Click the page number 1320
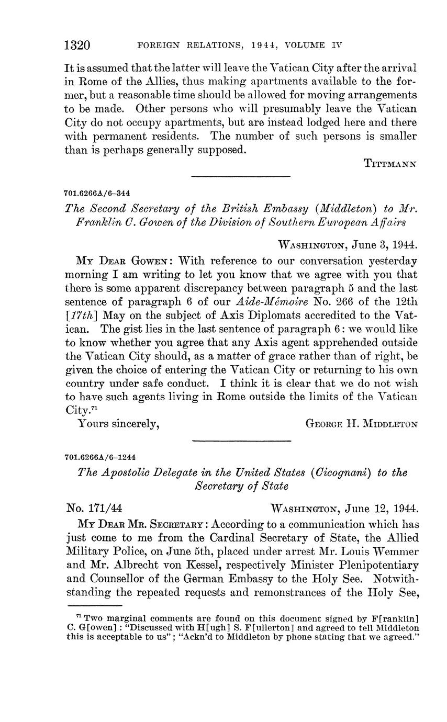77,46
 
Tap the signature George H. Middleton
361,424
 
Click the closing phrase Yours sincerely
118,424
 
